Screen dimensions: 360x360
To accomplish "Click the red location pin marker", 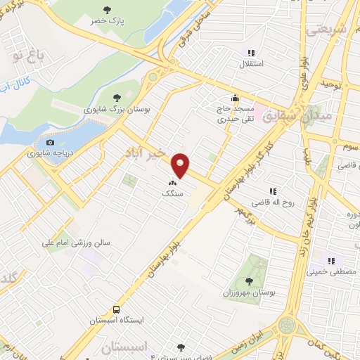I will [181, 165].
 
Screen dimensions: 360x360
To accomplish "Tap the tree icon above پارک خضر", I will [107, 10].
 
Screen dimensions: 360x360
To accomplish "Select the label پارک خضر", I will [107, 21].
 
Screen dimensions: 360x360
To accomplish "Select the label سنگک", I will [172, 193].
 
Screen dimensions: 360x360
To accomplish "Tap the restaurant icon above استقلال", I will [250, 52].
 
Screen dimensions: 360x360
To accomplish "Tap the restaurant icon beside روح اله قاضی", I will [272, 191].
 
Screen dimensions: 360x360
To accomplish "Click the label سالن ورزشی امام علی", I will [88, 243].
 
